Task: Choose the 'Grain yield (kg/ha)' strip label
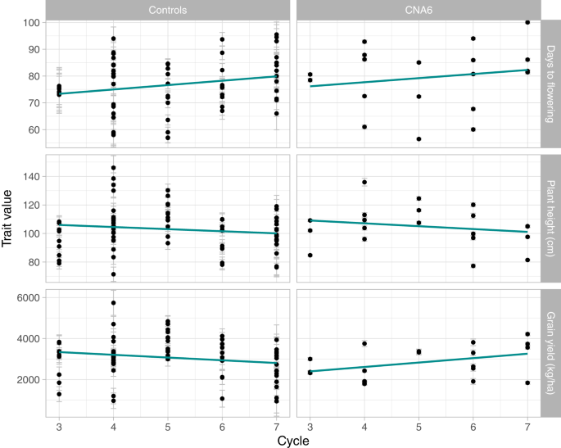(550, 352)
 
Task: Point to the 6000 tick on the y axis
(25, 298)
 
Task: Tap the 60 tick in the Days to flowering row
(31, 129)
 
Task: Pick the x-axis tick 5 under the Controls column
(168, 423)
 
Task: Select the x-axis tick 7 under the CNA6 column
(527, 423)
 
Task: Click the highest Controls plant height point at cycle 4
(113, 168)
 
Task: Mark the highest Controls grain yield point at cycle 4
(113, 303)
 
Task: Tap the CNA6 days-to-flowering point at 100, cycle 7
(527, 23)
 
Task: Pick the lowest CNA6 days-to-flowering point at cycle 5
(418, 139)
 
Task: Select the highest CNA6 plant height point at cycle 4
(364, 182)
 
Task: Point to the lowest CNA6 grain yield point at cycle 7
(527, 382)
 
